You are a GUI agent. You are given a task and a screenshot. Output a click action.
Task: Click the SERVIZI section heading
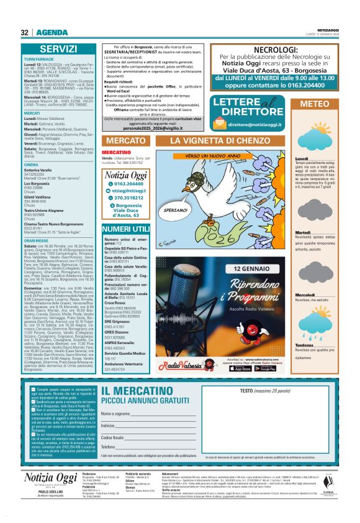click(58, 48)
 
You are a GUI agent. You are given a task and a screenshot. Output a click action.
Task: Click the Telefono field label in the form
click(109, 447)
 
